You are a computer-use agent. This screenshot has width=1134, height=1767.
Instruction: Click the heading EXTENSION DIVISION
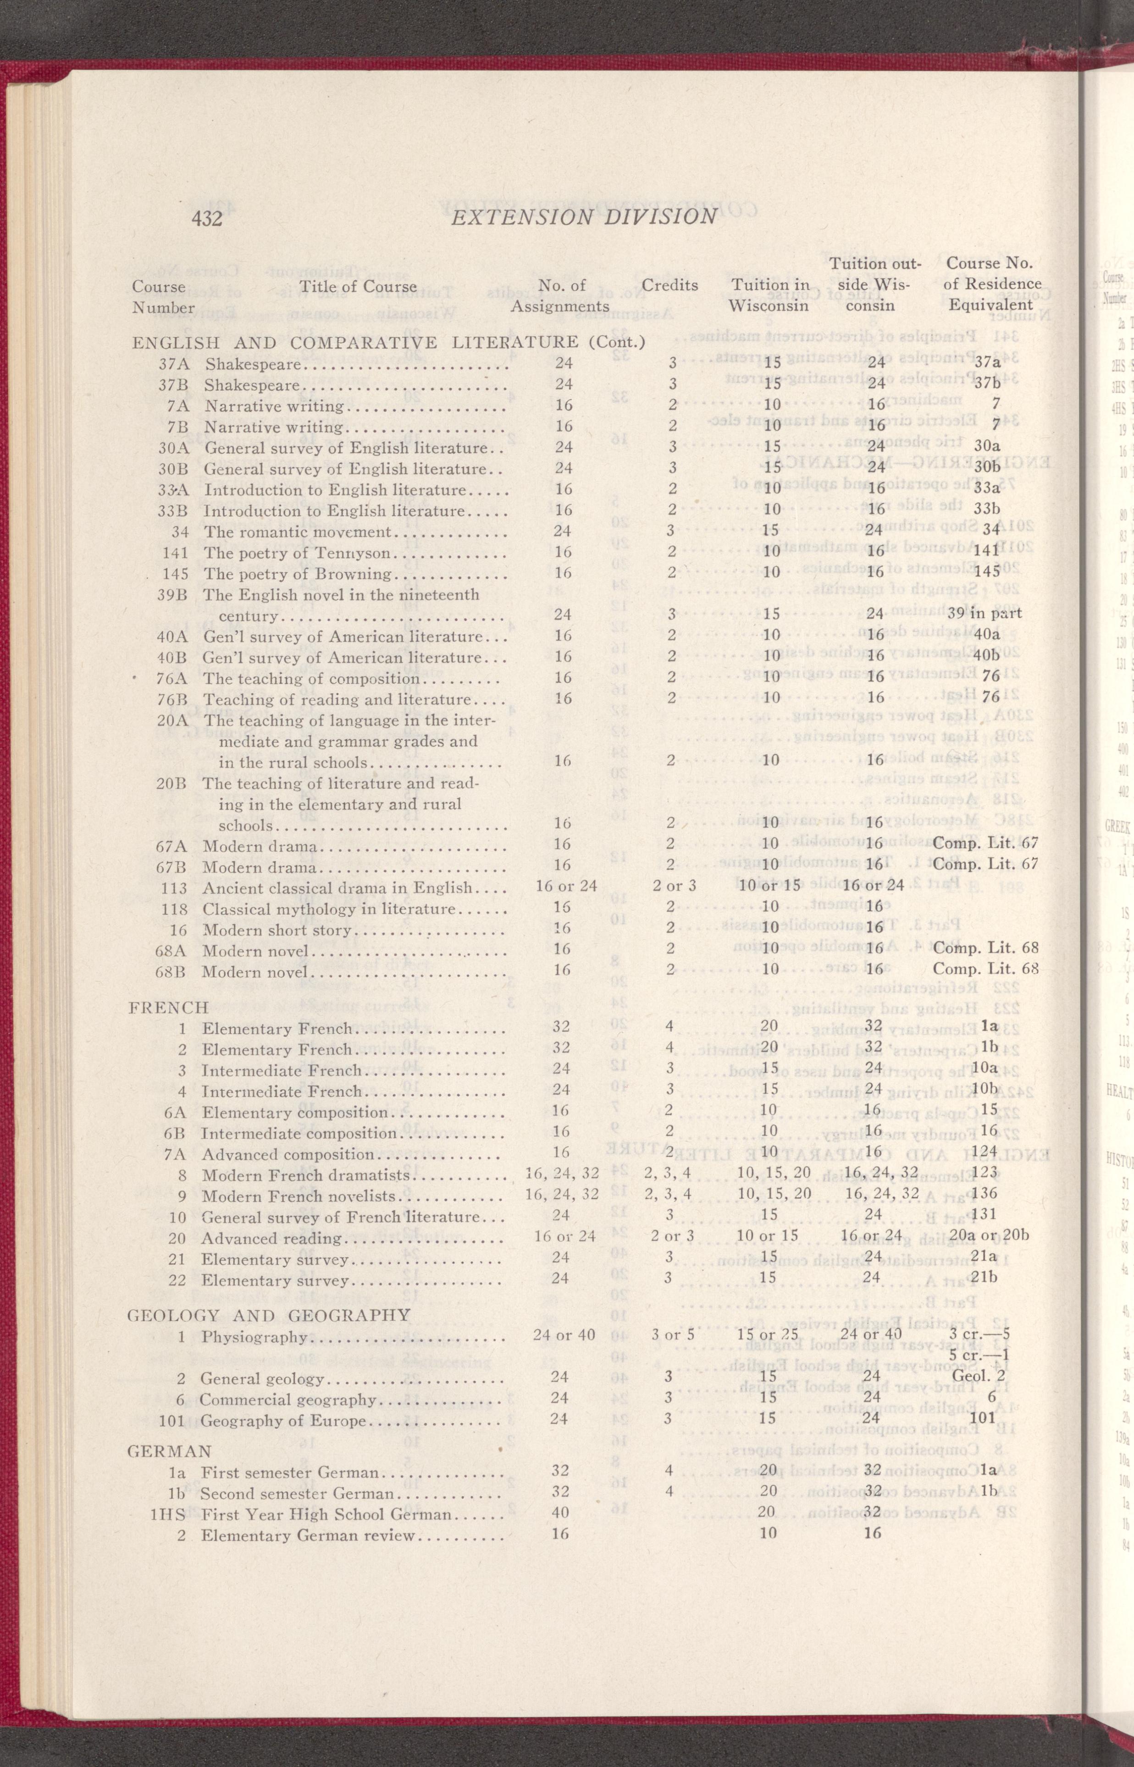(x=584, y=216)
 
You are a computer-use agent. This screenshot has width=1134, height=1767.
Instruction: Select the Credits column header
(x=669, y=285)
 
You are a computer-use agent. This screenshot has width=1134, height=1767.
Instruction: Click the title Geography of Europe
(x=283, y=1420)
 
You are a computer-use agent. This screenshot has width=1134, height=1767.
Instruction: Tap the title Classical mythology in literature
(x=329, y=909)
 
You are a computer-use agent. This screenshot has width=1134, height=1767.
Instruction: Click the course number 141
(x=175, y=553)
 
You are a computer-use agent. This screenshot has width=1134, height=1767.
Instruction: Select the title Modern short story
(x=277, y=931)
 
